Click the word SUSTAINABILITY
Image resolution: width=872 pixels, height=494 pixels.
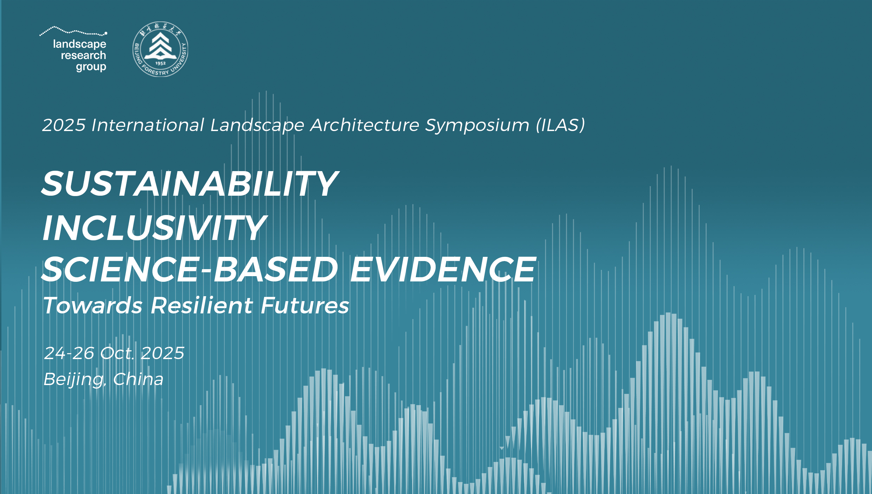pos(190,184)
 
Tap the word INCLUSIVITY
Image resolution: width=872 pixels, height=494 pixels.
pos(154,228)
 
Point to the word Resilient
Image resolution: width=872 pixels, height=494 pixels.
pos(202,305)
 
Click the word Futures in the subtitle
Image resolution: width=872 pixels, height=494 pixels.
pos(305,305)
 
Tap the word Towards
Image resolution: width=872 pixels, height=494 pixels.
pos(93,305)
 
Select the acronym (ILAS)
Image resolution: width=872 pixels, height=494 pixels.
pos(560,125)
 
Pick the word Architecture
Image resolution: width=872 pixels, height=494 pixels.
pos(365,125)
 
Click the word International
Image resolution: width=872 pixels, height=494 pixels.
pos(148,125)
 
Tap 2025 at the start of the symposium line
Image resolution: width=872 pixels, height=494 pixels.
pos(64,125)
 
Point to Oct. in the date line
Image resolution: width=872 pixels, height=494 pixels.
pos(117,353)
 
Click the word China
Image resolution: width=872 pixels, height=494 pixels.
pos(139,379)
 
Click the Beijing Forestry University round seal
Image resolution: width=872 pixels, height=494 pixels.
pos(160,49)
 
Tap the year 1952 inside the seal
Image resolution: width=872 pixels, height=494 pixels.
pos(160,64)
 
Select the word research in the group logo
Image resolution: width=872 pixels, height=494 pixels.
pos(83,56)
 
